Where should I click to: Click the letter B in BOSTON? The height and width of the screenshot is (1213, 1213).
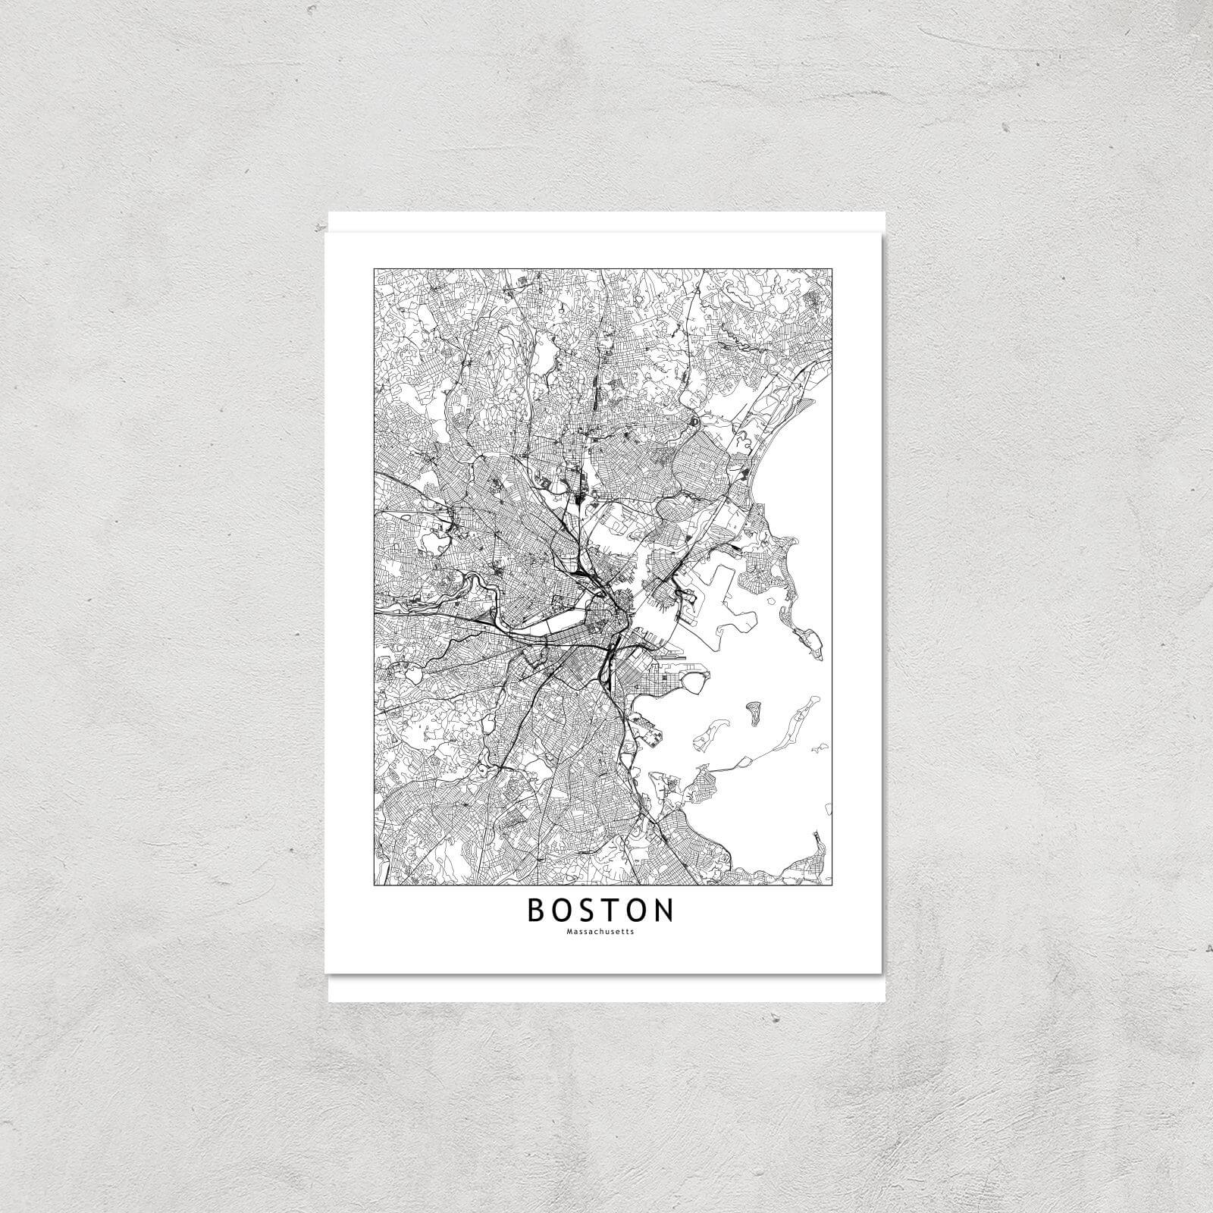tap(536, 911)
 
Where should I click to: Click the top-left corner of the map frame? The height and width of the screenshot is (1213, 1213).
tap(374, 268)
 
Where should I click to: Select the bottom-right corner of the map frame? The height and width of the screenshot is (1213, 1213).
tap(834, 885)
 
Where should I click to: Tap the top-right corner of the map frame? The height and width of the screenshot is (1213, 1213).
tap(834, 268)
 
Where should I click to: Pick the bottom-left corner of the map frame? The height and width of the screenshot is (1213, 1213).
tap(374, 885)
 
